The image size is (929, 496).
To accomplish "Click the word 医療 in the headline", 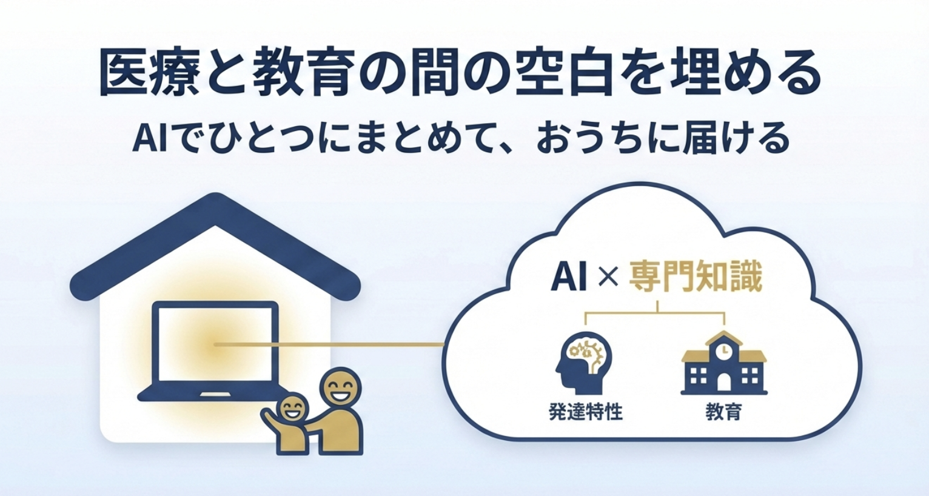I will (149, 74).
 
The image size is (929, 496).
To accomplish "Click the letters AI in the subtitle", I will (146, 139).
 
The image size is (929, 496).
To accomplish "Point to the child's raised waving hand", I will (267, 415).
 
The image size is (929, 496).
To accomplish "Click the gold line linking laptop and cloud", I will (364, 344).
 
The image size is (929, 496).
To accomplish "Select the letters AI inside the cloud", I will (568, 277).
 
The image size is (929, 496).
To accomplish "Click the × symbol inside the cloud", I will (608, 277).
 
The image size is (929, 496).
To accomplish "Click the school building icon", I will (723, 364).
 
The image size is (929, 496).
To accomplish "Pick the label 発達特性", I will (585, 412).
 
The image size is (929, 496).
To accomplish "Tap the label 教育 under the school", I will (723, 412).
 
